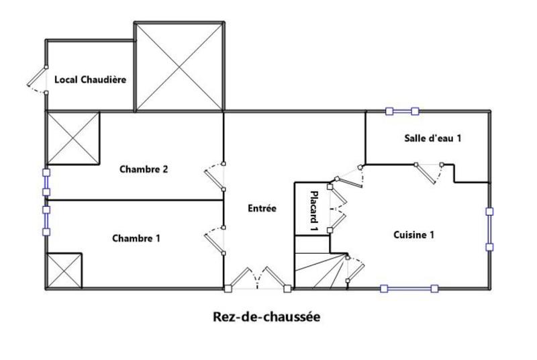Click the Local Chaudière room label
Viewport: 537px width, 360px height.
90,79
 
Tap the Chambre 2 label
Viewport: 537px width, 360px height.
144,169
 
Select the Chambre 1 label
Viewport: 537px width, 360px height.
136,238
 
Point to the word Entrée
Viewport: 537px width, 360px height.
262,208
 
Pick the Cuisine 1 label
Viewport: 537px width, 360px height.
414,234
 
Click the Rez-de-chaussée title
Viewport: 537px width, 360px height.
266,316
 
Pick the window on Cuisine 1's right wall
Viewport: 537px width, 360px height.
490,229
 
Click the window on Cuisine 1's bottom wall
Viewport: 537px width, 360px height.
409,289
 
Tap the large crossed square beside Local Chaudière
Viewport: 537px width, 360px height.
179,67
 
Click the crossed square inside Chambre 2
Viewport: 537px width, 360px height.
72,138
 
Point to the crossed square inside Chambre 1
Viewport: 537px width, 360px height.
64,271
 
